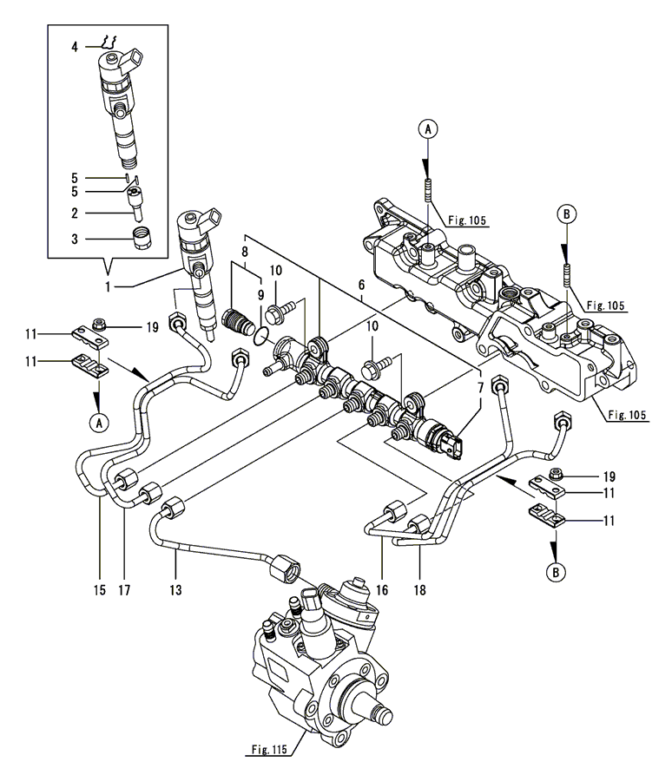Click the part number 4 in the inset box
pos(76,46)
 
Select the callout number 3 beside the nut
pos(76,236)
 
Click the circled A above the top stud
pos(427,130)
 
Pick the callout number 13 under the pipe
pos(177,589)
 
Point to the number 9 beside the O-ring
pos(259,294)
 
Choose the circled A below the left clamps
pos(99,423)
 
